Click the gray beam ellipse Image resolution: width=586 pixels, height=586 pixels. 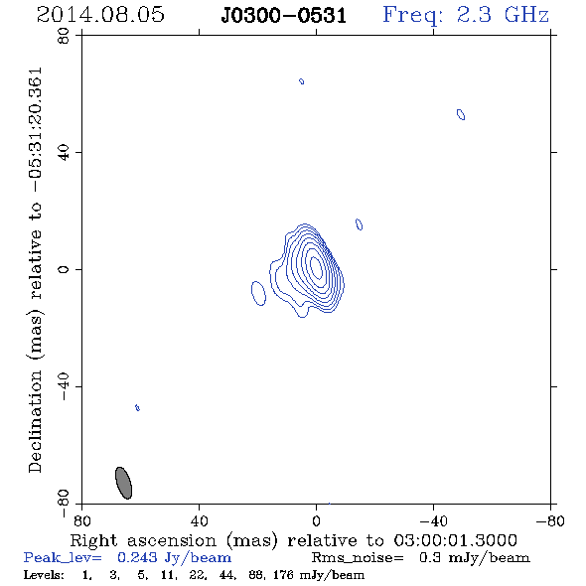[124, 483]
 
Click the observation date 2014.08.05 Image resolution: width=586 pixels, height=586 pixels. [100, 15]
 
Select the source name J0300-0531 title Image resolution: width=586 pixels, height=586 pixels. [283, 16]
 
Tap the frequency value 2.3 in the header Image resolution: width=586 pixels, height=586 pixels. [474, 15]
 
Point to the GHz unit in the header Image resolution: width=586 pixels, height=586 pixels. [526, 15]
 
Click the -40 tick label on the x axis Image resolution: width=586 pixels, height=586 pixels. [433, 520]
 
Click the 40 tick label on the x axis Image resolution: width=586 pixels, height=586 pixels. [199, 520]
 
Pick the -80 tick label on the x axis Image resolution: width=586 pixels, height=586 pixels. [550, 520]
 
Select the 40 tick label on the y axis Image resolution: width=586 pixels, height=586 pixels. [64, 153]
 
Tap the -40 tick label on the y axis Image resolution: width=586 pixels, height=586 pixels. [64, 386]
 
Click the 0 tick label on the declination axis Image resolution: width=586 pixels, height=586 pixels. [64, 269]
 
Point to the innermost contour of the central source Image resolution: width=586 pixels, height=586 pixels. [317, 265]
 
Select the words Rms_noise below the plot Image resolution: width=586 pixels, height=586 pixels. [358, 558]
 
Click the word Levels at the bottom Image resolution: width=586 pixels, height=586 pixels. [44, 574]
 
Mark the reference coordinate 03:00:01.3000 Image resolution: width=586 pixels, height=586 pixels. [455, 540]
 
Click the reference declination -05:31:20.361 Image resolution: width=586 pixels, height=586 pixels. [36, 130]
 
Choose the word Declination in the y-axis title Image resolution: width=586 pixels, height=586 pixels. [35, 421]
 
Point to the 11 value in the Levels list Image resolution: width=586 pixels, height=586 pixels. [166, 574]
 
